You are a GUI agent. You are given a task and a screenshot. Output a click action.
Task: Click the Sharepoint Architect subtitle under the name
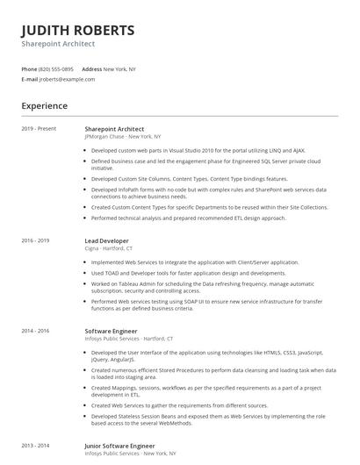coord(58,44)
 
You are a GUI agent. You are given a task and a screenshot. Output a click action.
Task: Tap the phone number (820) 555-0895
coord(56,68)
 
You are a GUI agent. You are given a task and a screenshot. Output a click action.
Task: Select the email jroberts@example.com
coord(67,79)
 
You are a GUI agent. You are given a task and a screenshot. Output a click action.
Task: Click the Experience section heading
coord(45,106)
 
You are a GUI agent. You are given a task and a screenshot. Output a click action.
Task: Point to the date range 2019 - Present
coord(39,128)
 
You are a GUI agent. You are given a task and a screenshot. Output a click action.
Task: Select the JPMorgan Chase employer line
coord(122,137)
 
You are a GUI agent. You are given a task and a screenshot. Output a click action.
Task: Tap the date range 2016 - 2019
coord(36,240)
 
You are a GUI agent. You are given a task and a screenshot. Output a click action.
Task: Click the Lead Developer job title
coord(106,240)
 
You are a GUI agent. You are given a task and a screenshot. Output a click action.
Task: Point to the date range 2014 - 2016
coord(36,331)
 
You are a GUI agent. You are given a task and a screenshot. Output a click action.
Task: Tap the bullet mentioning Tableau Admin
coord(202,288)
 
